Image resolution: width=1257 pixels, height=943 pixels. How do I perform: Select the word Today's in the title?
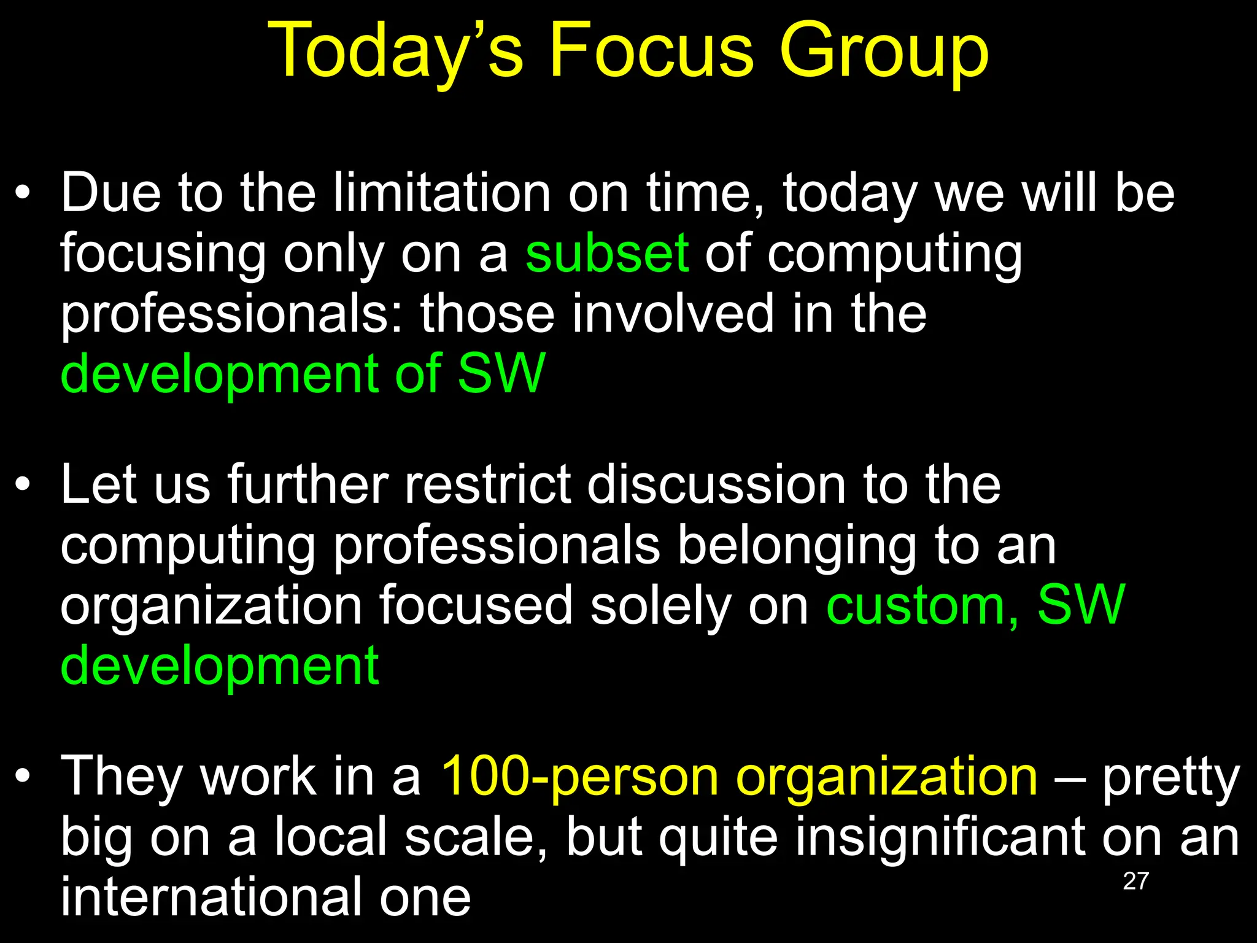coord(395,52)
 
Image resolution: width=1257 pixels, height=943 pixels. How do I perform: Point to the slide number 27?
coord(1135,882)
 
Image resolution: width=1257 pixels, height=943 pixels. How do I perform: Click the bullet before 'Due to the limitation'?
coord(23,194)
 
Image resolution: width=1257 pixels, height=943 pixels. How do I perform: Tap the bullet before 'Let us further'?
coord(23,486)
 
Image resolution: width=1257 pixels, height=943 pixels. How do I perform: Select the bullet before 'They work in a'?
coord(23,777)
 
